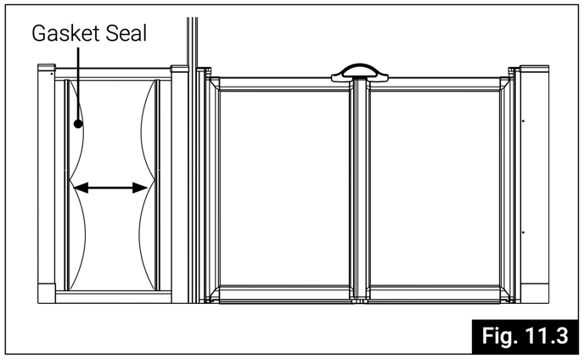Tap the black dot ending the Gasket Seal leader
point(78,124)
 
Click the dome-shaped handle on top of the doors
point(358,73)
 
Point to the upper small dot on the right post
point(524,121)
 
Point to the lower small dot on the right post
point(524,231)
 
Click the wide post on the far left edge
point(46,183)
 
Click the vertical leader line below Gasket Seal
point(78,85)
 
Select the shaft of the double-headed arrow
point(109,188)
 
